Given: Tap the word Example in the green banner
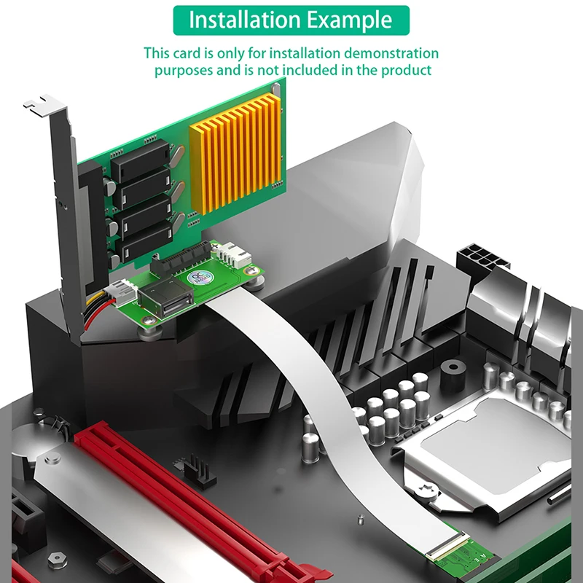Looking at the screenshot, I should (x=349, y=19).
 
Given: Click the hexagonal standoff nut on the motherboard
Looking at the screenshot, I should (x=55, y=559).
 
